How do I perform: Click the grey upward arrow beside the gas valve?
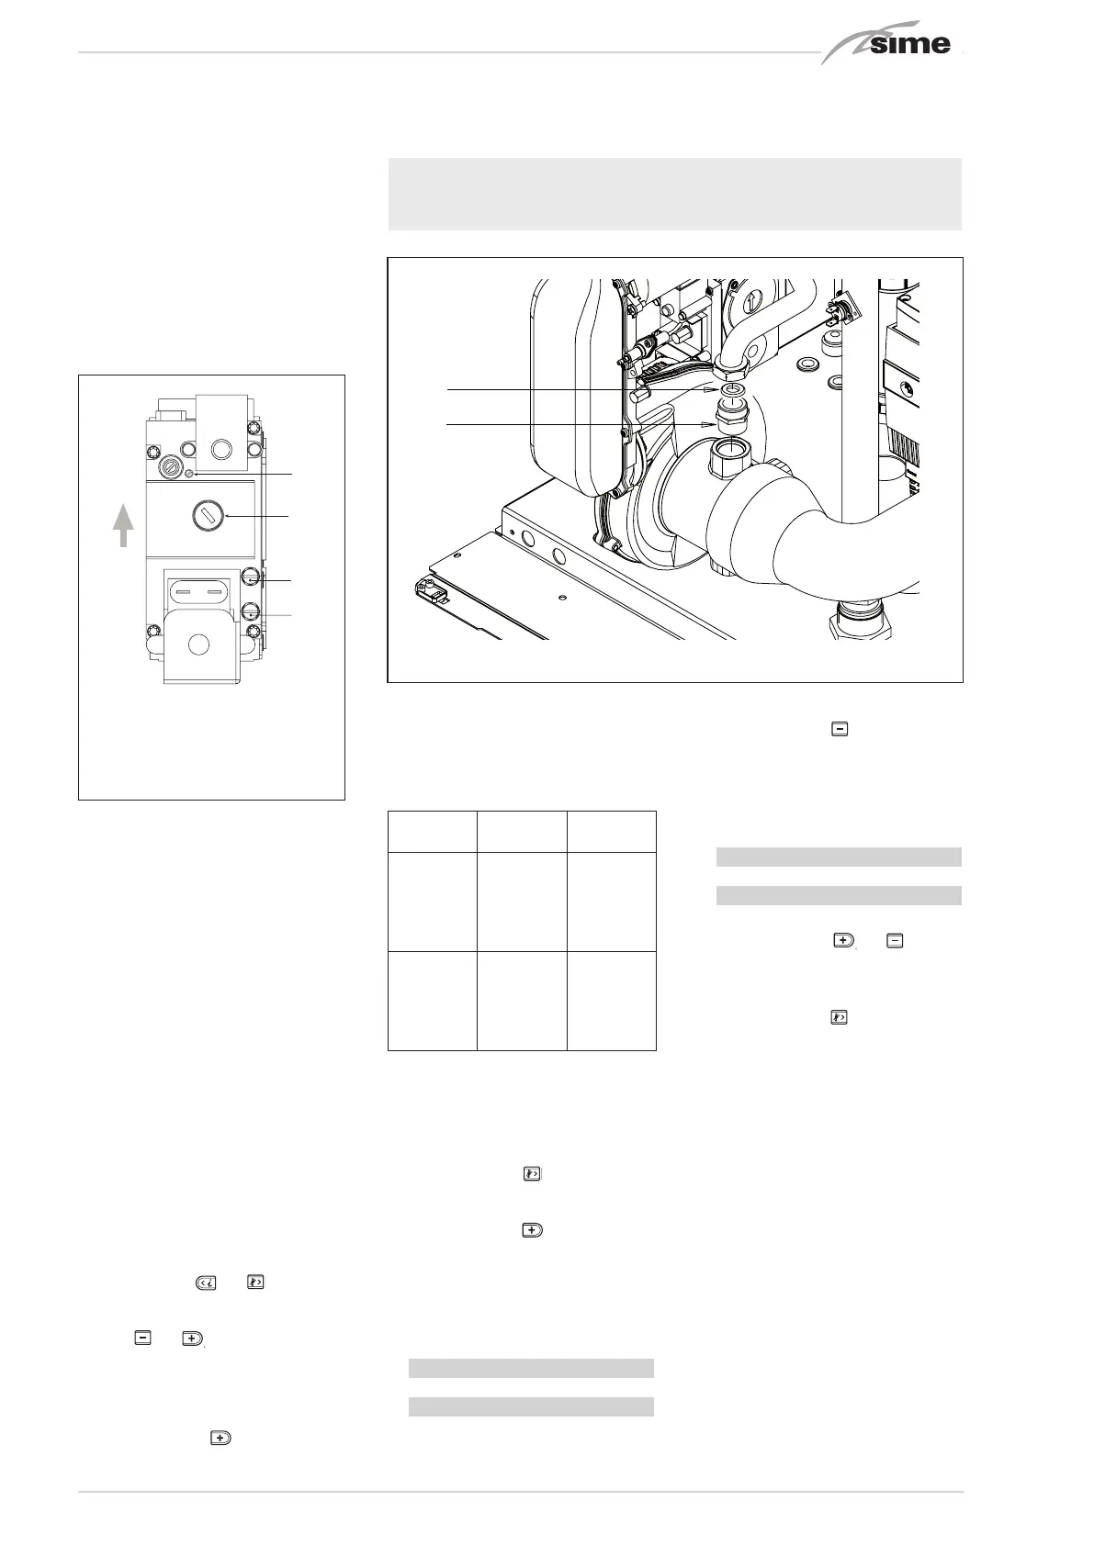pyautogui.click(x=123, y=524)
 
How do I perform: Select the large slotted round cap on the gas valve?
pyautogui.click(x=208, y=516)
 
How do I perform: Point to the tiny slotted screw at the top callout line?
pyautogui.click(x=190, y=474)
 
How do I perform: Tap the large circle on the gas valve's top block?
pyautogui.click(x=221, y=450)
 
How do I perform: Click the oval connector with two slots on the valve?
pyautogui.click(x=197, y=591)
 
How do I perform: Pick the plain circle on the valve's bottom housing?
pyautogui.click(x=198, y=644)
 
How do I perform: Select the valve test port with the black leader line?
pyautogui.click(x=250, y=577)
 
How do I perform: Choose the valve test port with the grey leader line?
pyautogui.click(x=250, y=611)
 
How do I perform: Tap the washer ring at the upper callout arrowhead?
pyautogui.click(x=731, y=391)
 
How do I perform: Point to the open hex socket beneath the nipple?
pyautogui.click(x=730, y=457)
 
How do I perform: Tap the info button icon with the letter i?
pyautogui.click(x=206, y=1283)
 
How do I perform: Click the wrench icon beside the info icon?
pyautogui.click(x=255, y=1283)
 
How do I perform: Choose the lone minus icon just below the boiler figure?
pyautogui.click(x=840, y=729)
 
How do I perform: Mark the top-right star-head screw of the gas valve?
pyautogui.click(x=254, y=450)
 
